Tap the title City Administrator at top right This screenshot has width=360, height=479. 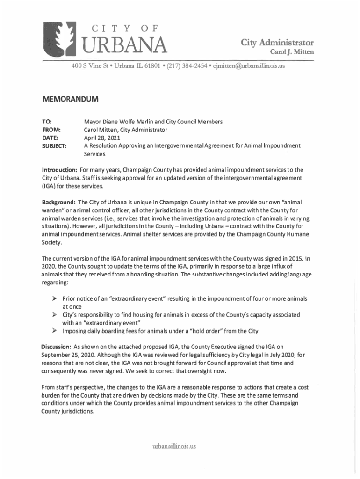[x=277, y=43]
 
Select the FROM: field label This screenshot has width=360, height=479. [x=51, y=130]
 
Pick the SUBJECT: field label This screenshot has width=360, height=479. [x=54, y=145]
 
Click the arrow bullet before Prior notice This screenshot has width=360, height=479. [x=54, y=298]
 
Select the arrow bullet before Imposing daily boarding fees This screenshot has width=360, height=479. [x=54, y=331]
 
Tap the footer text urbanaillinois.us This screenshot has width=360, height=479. [x=174, y=446]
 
